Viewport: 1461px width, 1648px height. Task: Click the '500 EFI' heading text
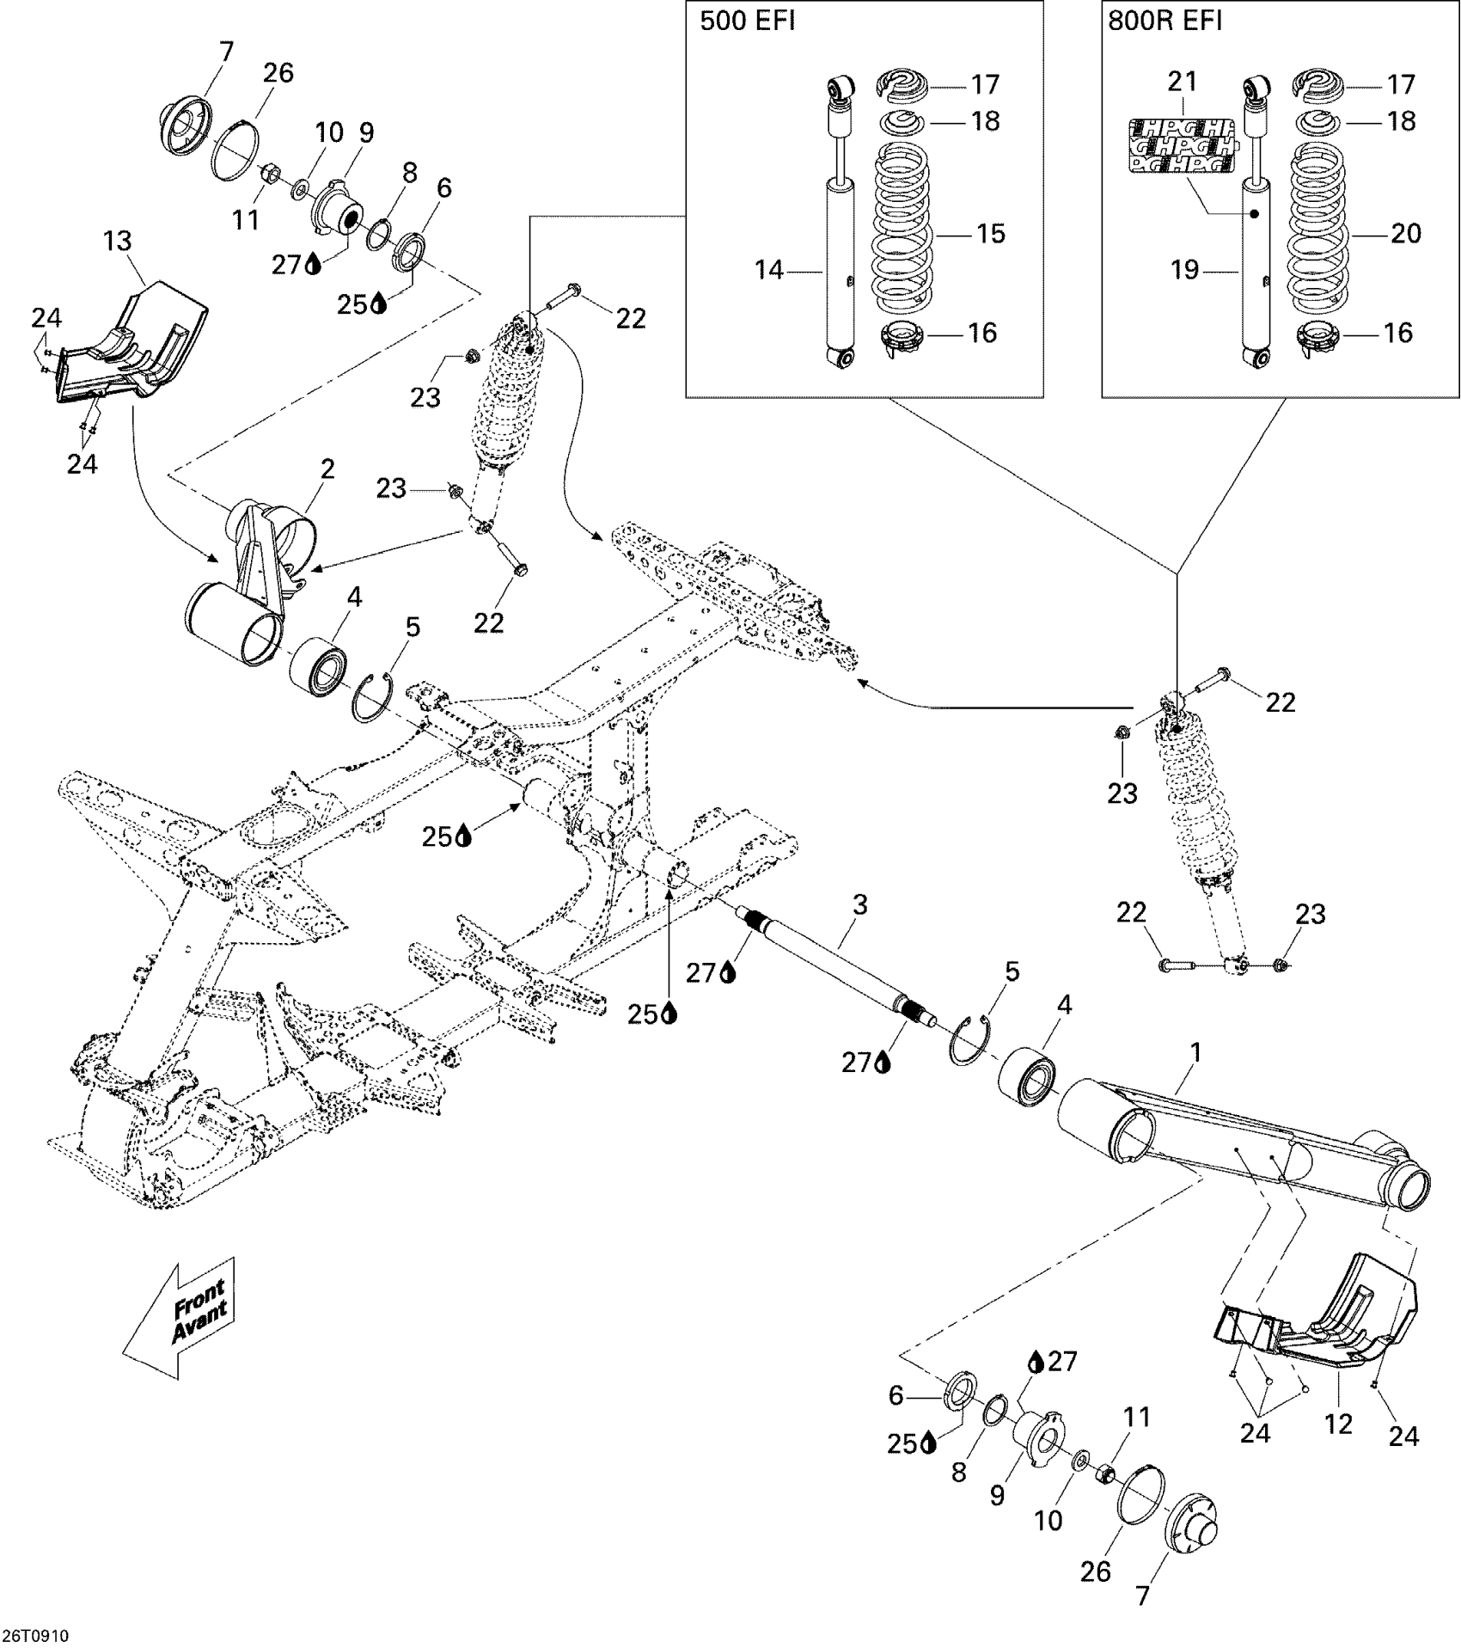[x=747, y=21]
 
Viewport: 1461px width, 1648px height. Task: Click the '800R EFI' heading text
[x=1165, y=21]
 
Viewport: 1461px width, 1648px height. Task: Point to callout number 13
[x=118, y=241]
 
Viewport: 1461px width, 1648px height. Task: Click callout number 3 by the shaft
[x=859, y=904]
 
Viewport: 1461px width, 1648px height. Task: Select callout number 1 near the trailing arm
[x=1195, y=1052]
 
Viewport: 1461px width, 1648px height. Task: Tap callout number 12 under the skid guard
[x=1339, y=1424]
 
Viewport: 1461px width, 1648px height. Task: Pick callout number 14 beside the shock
[x=769, y=270]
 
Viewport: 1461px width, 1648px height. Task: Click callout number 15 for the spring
[x=991, y=234]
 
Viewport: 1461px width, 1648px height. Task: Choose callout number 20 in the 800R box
[x=1406, y=234]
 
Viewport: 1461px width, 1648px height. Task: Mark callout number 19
[x=1185, y=270]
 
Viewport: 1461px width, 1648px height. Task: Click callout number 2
[x=327, y=469]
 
